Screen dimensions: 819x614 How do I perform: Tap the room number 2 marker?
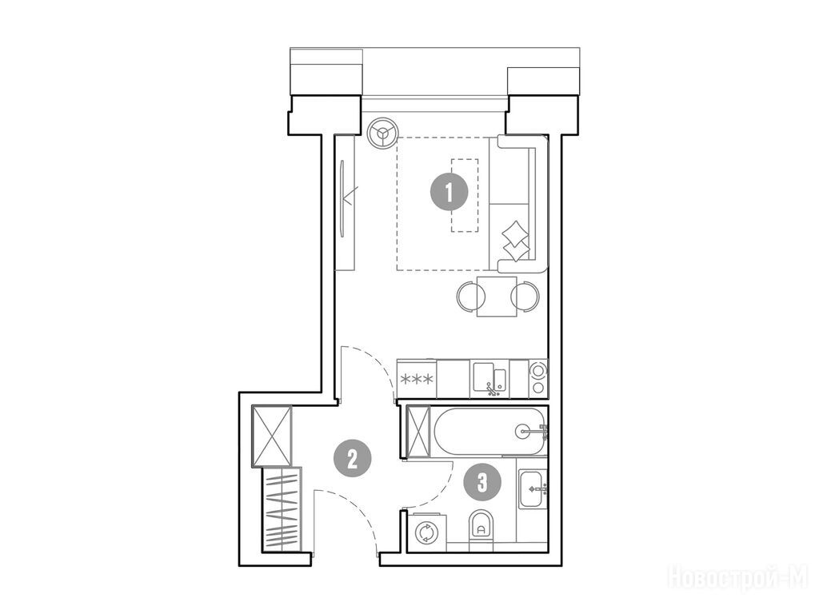353,459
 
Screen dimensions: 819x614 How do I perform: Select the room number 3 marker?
482,482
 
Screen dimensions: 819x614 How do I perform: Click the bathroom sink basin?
532,488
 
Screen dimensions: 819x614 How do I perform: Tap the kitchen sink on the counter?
489,378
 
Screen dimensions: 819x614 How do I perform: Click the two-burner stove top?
537,378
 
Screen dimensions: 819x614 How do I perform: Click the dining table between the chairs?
497,296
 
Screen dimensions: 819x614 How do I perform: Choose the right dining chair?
525,297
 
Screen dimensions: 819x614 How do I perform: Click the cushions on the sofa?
515,240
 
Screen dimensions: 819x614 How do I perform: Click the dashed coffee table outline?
465,195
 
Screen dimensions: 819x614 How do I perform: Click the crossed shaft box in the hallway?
272,436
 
